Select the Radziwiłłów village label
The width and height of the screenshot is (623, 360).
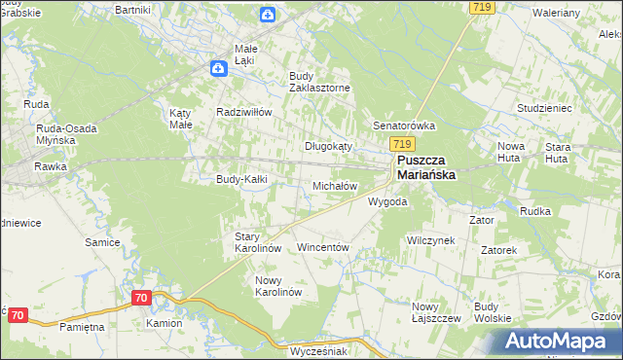tap(243, 111)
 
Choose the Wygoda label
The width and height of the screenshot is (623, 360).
tap(386, 201)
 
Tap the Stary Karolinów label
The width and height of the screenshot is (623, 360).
tap(258, 242)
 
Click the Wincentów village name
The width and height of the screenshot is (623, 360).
tap(322, 247)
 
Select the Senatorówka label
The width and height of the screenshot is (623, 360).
tap(404, 126)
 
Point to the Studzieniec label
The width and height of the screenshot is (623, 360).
tap(516, 108)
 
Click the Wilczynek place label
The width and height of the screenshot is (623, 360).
tap(431, 239)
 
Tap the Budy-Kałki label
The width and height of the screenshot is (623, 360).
tap(241, 179)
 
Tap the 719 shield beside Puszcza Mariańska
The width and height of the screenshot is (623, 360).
tap(408, 143)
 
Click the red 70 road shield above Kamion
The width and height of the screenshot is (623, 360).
tap(141, 298)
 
